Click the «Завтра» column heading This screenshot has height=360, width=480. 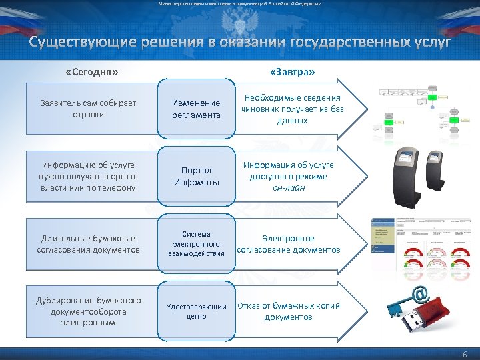click(293, 71)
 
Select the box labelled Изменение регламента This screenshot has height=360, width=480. click(196, 109)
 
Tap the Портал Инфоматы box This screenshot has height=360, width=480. click(196, 177)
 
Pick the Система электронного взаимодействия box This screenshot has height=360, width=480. click(196, 243)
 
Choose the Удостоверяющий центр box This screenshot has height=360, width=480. click(196, 311)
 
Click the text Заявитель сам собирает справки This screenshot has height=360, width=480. click(88, 109)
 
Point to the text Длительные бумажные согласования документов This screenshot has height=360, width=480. click(88, 244)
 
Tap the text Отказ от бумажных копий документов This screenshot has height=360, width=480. click(288, 311)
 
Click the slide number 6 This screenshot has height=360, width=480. click(465, 353)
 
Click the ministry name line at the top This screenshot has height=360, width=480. click(240, 4)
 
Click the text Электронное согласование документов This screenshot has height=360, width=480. click(288, 244)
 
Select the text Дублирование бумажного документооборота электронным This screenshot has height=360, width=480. click(88, 311)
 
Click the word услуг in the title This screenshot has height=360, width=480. click(429, 43)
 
